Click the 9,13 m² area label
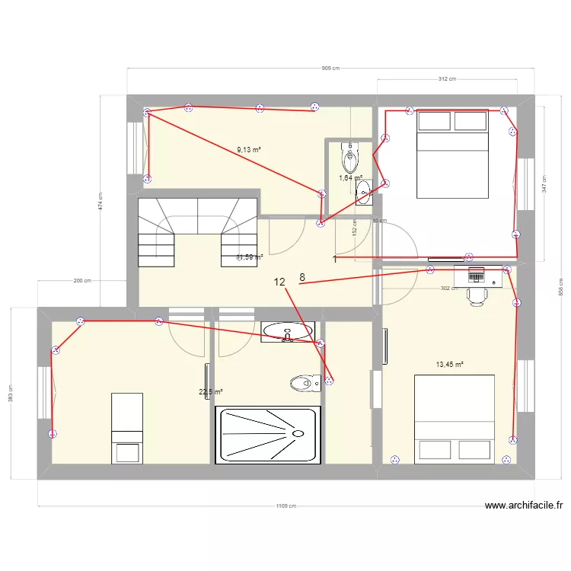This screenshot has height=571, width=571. tap(249, 150)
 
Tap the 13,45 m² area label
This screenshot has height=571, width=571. tap(450, 365)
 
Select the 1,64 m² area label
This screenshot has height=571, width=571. tap(350, 178)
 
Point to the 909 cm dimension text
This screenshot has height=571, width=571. tap(330, 69)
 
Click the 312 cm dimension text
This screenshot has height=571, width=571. tap(447, 79)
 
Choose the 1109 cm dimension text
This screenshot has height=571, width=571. tap(285, 506)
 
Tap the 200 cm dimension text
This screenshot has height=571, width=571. tap(82, 281)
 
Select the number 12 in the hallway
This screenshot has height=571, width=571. tap(279, 282)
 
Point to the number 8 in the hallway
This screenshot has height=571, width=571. tap(302, 277)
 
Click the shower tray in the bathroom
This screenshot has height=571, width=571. tap(266, 435)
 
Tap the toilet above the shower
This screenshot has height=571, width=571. tap(304, 383)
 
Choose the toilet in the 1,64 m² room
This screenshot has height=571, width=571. tap(350, 158)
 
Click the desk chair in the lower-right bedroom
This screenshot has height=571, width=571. tap(477, 296)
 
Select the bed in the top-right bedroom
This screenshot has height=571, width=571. tap(452, 154)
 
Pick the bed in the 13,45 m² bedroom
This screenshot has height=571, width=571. tap(454, 419)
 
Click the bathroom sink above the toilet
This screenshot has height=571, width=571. tap(287, 330)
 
